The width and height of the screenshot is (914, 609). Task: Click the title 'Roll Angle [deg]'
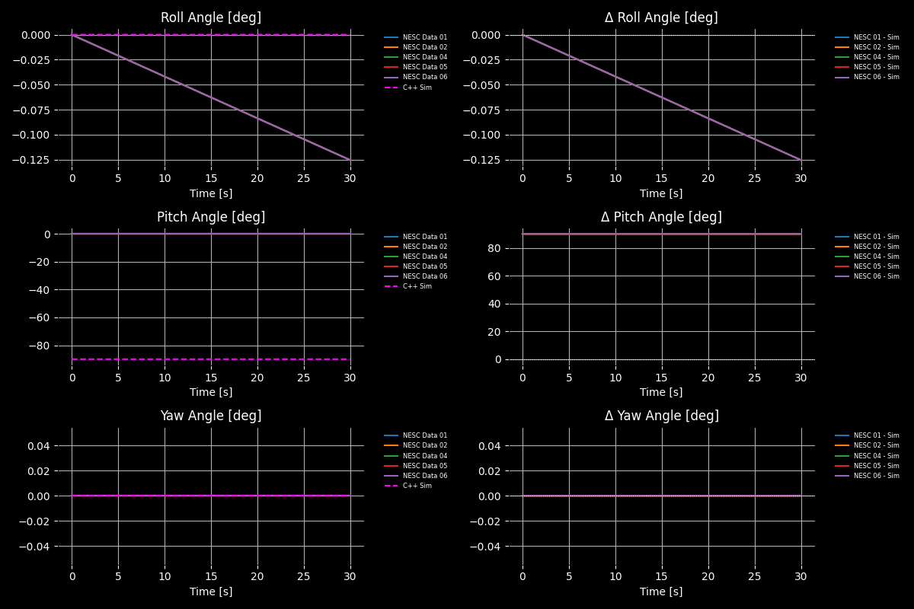pos(210,18)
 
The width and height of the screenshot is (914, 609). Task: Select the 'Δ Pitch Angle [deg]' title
pos(661,217)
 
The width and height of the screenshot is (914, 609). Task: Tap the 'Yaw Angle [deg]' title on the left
pos(210,416)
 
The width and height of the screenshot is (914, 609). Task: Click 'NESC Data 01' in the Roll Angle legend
pos(424,37)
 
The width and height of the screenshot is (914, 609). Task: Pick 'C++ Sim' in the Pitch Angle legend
pos(417,286)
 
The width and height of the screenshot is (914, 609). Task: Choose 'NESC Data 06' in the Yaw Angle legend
pos(424,476)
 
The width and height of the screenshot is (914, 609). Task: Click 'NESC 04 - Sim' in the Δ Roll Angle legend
pos(876,57)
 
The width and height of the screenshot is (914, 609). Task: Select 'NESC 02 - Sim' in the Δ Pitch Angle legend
pos(876,247)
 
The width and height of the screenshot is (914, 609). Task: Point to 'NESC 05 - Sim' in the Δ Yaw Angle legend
pos(876,466)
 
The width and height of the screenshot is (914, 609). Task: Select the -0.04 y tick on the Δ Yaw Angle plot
pos(487,547)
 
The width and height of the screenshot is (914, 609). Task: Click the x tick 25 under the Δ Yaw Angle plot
pos(755,577)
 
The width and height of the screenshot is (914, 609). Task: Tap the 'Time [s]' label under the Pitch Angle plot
pos(211,392)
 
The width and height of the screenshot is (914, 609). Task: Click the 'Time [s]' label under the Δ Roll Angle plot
pos(661,193)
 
